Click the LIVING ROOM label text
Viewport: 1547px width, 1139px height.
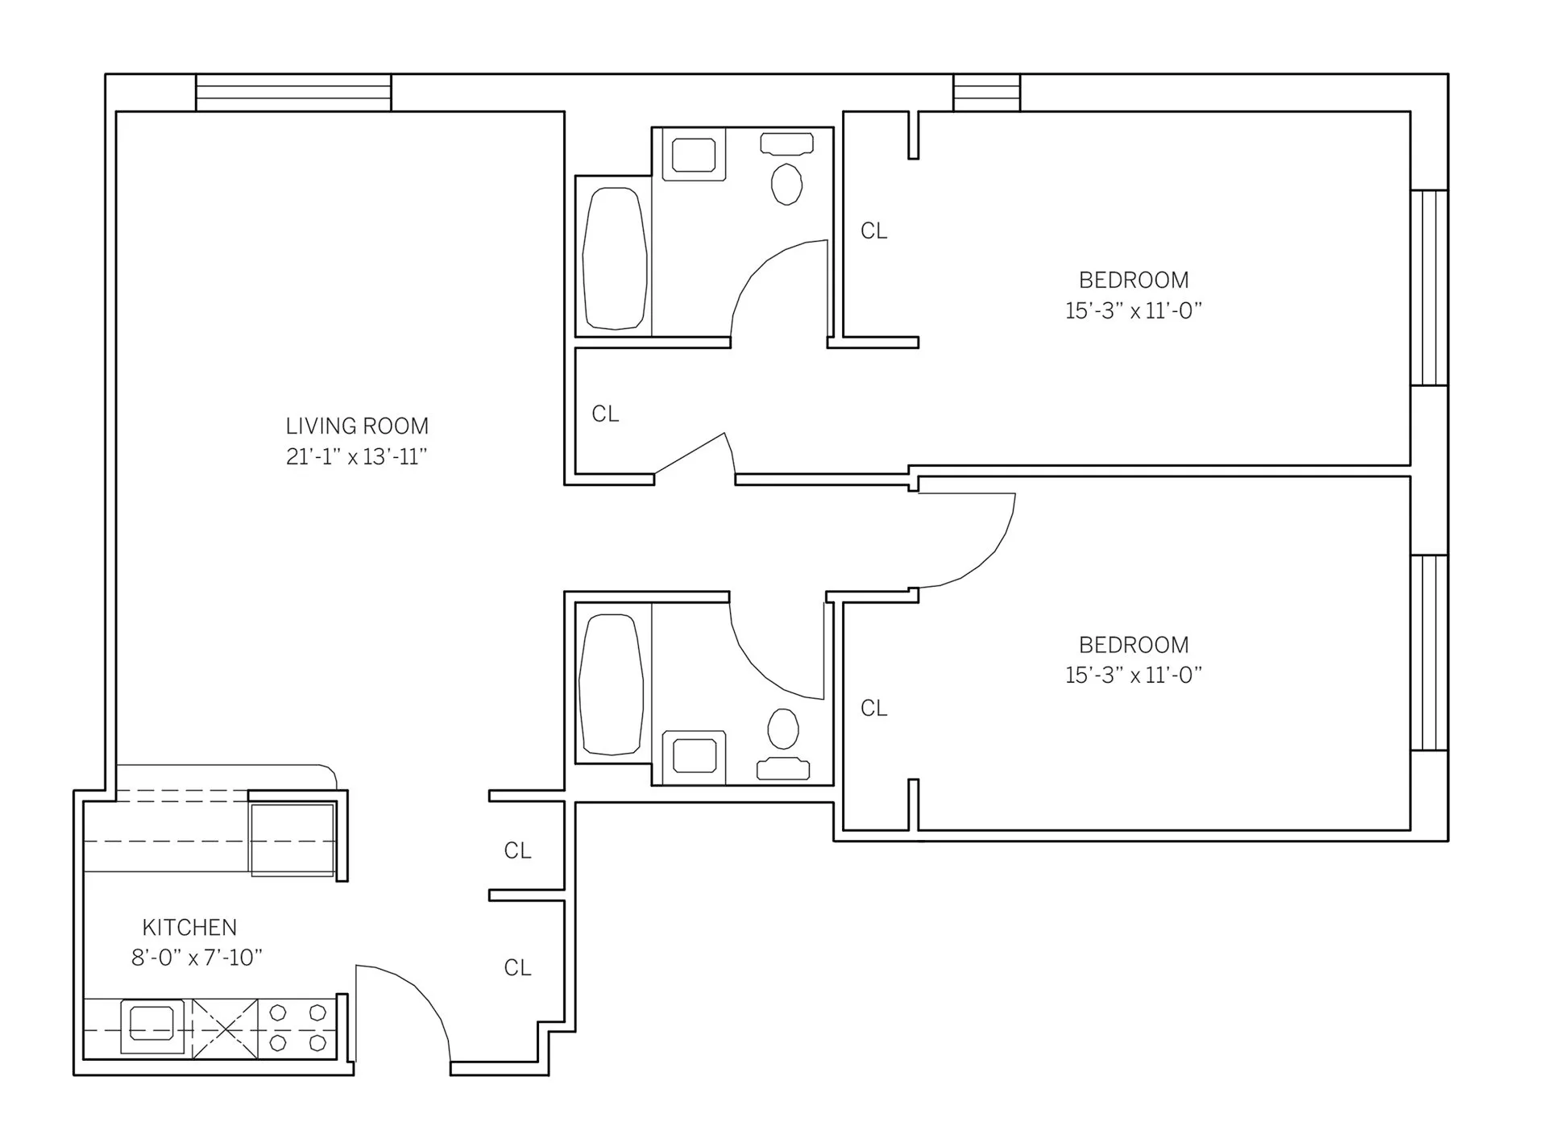357,426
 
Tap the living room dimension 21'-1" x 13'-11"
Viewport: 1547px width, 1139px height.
356,457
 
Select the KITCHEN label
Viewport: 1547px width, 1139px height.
189,927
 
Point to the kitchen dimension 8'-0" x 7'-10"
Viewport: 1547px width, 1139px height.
197,958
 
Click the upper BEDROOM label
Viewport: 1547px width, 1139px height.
1134,281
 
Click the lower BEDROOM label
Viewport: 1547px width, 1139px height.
1134,645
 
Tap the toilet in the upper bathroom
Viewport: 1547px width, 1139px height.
786,184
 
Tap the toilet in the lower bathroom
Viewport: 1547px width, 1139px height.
783,729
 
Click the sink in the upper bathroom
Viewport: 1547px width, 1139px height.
694,155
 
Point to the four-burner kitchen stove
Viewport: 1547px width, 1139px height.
297,1028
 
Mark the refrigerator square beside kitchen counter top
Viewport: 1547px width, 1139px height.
292,839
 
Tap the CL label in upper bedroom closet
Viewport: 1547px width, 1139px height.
873,231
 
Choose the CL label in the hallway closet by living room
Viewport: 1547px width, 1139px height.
605,414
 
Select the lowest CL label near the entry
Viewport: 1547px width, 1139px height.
517,967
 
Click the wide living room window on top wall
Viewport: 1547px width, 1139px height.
293,93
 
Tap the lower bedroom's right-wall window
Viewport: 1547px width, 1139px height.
1429,652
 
